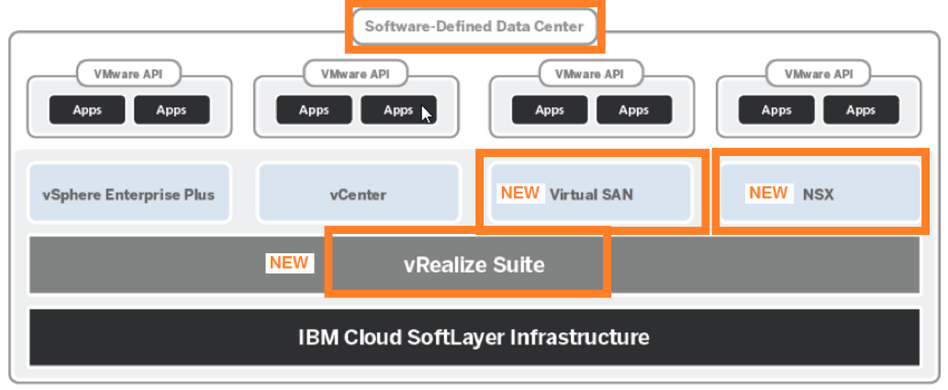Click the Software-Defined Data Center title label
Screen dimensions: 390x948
pyautogui.click(x=474, y=27)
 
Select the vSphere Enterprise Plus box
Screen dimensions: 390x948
pyautogui.click(x=128, y=194)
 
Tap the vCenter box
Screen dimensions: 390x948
pyautogui.click(x=358, y=194)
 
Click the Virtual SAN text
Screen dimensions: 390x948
pyautogui.click(x=591, y=194)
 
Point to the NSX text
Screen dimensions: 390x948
pyautogui.click(x=818, y=194)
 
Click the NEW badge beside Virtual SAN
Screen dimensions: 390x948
pyautogui.click(x=519, y=194)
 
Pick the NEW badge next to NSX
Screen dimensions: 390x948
pyautogui.click(x=768, y=193)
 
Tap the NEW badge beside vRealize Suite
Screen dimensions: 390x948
pyautogui.click(x=288, y=262)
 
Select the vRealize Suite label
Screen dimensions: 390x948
pyautogui.click(x=474, y=265)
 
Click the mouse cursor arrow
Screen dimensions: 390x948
pyautogui.click(x=426, y=114)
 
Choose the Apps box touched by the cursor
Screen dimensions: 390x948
pyautogui.click(x=398, y=110)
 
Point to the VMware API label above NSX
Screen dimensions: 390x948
pyautogui.click(x=818, y=72)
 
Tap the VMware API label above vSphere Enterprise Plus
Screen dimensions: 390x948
pyautogui.click(x=128, y=72)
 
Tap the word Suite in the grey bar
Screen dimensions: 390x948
pyautogui.click(x=520, y=265)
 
